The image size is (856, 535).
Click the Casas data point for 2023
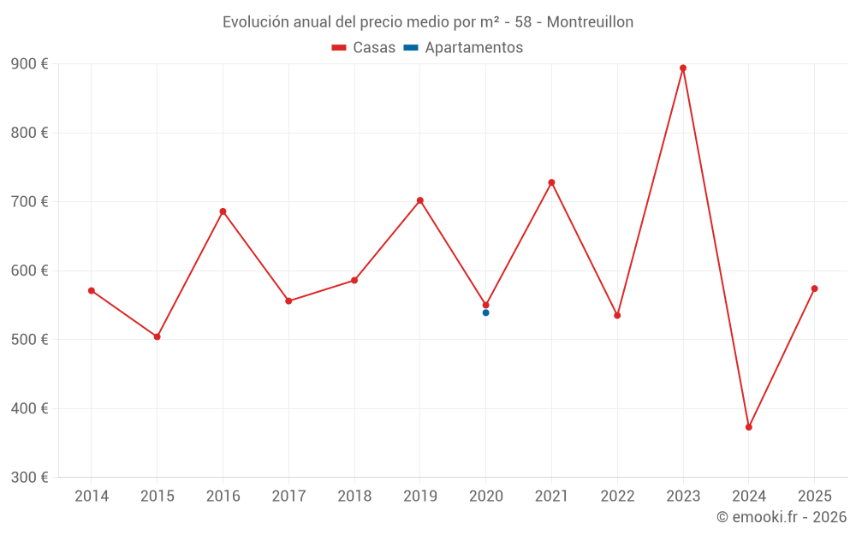coord(683,68)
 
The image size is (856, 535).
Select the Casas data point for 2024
coord(749,427)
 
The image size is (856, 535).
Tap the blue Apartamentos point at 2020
coord(485,313)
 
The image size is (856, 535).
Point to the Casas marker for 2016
coord(223,211)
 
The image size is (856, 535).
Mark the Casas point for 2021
coord(551,182)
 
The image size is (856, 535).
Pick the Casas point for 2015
coord(158,337)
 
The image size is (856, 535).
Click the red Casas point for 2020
coord(485,305)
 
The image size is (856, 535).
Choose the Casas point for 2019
coord(420,200)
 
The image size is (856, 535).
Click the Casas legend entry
coord(364,48)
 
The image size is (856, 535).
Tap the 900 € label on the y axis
coord(30,64)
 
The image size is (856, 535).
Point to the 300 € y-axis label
coord(30,478)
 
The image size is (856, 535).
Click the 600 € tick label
coord(30,270)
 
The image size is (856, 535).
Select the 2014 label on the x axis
coord(92,496)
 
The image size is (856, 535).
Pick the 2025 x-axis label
coord(814,496)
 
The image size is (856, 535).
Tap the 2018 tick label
coord(354,496)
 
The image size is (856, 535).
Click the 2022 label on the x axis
coord(617,496)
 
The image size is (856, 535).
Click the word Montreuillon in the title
coord(590,22)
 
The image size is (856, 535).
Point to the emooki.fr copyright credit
coord(781,517)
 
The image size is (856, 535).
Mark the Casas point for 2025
coord(814,288)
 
